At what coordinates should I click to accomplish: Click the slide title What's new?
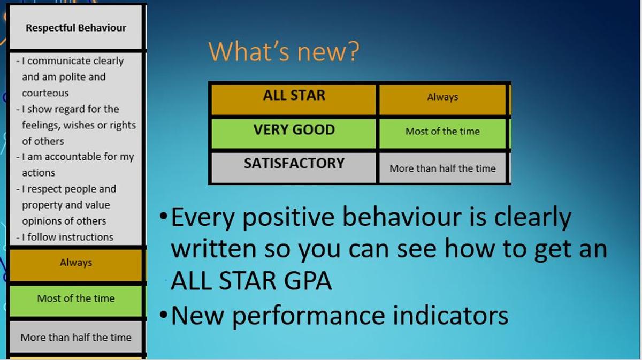point(284,51)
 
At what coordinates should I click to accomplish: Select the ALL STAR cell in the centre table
point(294,99)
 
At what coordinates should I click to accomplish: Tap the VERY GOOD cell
point(294,134)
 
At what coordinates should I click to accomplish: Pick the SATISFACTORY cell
point(294,167)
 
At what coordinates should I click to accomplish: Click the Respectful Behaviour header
point(76,27)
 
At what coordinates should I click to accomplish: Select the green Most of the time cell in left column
point(76,301)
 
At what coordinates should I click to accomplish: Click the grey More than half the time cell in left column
point(76,337)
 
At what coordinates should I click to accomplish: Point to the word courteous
point(45,93)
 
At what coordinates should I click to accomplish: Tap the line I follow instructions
point(65,238)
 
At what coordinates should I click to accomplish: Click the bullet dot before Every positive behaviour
point(163,216)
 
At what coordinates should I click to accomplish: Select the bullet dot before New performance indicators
point(163,315)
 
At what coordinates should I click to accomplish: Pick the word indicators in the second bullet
point(450,316)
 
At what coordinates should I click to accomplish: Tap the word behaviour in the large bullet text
point(402,217)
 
